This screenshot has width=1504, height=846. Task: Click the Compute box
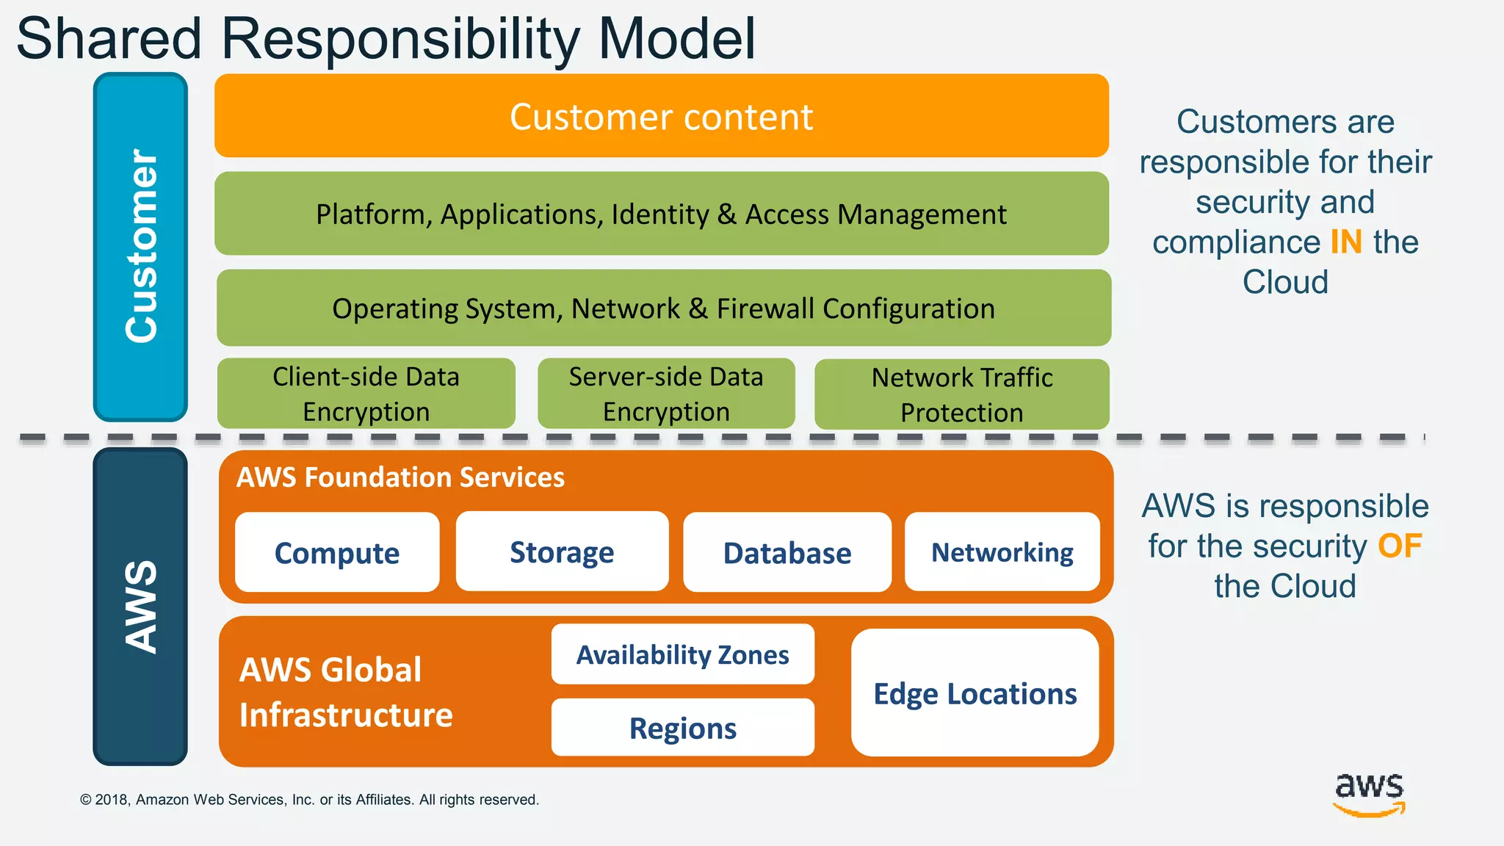tap(337, 552)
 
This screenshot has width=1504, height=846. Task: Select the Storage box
tap(562, 552)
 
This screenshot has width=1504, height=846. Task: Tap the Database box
tap(787, 552)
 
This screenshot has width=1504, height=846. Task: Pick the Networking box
tap(1002, 552)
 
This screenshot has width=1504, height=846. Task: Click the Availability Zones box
tap(682, 654)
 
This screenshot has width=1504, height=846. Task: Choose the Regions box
tap(682, 728)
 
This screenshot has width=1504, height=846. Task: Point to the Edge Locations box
tap(975, 693)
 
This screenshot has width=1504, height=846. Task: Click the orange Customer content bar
tap(661, 116)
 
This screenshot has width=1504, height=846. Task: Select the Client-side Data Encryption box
tap(366, 394)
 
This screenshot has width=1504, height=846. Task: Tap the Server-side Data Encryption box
tap(666, 394)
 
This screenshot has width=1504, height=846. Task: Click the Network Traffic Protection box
tap(961, 394)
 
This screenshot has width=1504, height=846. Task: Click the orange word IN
tap(1345, 242)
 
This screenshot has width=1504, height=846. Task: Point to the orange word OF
tap(1400, 546)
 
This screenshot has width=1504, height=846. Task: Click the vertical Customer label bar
tap(140, 247)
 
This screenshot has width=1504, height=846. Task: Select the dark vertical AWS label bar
tap(140, 607)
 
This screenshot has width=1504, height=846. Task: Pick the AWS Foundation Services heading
tap(400, 477)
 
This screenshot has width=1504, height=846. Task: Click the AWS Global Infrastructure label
tap(345, 692)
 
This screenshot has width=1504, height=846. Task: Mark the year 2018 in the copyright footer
tap(112, 800)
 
